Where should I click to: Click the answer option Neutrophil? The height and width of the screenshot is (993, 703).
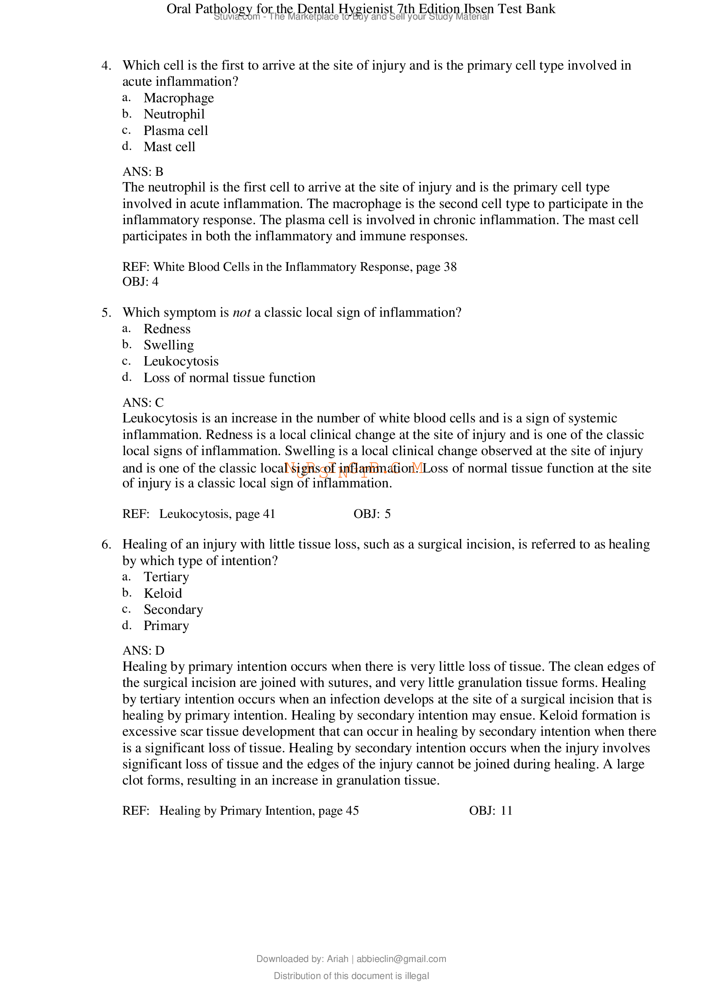coord(174,114)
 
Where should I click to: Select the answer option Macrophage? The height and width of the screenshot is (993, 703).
coord(179,98)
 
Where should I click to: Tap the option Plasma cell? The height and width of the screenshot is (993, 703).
coord(176,131)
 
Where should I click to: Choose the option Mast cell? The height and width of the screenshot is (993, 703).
coord(169,147)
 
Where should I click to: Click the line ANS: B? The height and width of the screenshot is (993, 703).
coord(143,172)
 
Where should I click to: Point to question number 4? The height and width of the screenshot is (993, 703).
coord(107,66)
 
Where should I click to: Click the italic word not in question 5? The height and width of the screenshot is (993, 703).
coord(241,312)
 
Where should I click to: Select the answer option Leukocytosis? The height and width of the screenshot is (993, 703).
coord(181,361)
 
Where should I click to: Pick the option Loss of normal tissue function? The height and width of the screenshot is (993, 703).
coord(230,377)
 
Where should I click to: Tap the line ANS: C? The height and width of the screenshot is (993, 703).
coord(143,402)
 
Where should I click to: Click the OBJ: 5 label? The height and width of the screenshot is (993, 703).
coord(372,514)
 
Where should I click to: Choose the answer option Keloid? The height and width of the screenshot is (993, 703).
coord(163,594)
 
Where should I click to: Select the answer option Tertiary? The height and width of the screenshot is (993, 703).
coord(166,577)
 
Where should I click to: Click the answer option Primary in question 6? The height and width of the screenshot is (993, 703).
coord(166,626)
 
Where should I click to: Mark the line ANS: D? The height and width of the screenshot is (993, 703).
coord(143,650)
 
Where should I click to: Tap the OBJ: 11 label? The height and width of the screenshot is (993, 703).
coord(490,810)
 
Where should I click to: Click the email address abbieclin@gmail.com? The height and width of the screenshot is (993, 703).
coord(401,959)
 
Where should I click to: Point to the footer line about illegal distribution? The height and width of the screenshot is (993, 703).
coord(351,976)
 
